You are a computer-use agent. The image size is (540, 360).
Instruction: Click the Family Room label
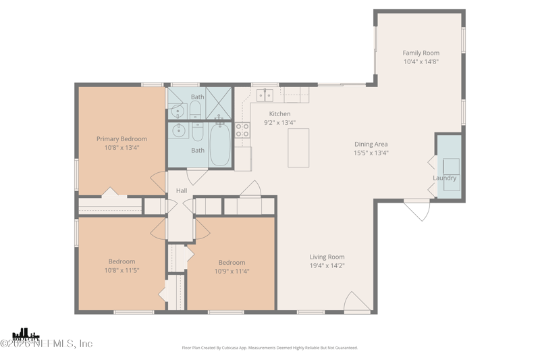pyautogui.click(x=421, y=53)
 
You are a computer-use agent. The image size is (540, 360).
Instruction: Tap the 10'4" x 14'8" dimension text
pyautogui.click(x=421, y=61)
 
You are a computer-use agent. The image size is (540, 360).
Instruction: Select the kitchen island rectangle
pyautogui.click(x=298, y=147)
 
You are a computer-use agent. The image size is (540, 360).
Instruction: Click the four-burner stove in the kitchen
pyautogui.click(x=242, y=130)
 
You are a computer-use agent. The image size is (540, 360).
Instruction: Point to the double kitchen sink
pyautogui.click(x=265, y=96)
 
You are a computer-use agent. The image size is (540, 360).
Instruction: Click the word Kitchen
pyautogui.click(x=279, y=114)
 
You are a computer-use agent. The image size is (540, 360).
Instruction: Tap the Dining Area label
pyautogui.click(x=371, y=144)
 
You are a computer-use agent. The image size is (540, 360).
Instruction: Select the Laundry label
pyautogui.click(x=445, y=178)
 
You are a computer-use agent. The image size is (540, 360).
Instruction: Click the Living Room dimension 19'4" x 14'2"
pyautogui.click(x=327, y=265)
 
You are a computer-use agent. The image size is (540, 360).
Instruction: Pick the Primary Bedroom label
pyautogui.click(x=122, y=139)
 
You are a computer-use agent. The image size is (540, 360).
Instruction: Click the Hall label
pyautogui.click(x=182, y=191)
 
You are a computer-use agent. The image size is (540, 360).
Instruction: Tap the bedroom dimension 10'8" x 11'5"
pyautogui.click(x=122, y=270)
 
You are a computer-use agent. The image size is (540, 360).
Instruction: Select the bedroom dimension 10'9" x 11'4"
pyautogui.click(x=232, y=271)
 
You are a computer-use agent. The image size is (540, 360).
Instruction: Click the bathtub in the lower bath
pyautogui.click(x=220, y=145)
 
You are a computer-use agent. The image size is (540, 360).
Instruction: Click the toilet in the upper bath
pyautogui.click(x=195, y=109)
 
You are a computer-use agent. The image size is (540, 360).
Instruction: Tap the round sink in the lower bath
pyautogui.click(x=180, y=131)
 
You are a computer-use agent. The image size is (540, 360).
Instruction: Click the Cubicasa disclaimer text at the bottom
pyautogui.click(x=270, y=348)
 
